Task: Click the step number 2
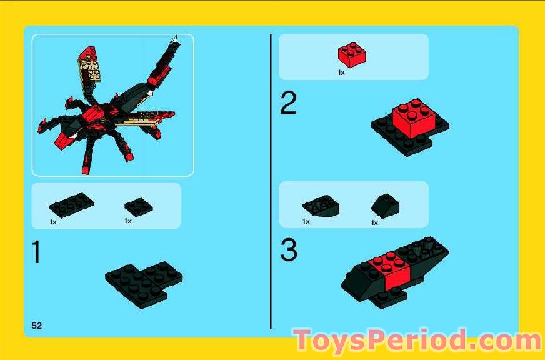pyautogui.click(x=288, y=104)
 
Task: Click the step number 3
pyautogui.click(x=289, y=251)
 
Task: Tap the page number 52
pyautogui.click(x=37, y=324)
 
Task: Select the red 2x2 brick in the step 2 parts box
pyautogui.click(x=352, y=55)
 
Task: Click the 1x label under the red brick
pyautogui.click(x=341, y=72)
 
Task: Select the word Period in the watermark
pyautogui.click(x=423, y=341)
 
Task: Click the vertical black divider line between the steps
pyautogui.click(x=271, y=181)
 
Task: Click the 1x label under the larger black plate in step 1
pyautogui.click(x=53, y=222)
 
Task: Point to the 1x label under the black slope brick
pyautogui.click(x=375, y=222)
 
